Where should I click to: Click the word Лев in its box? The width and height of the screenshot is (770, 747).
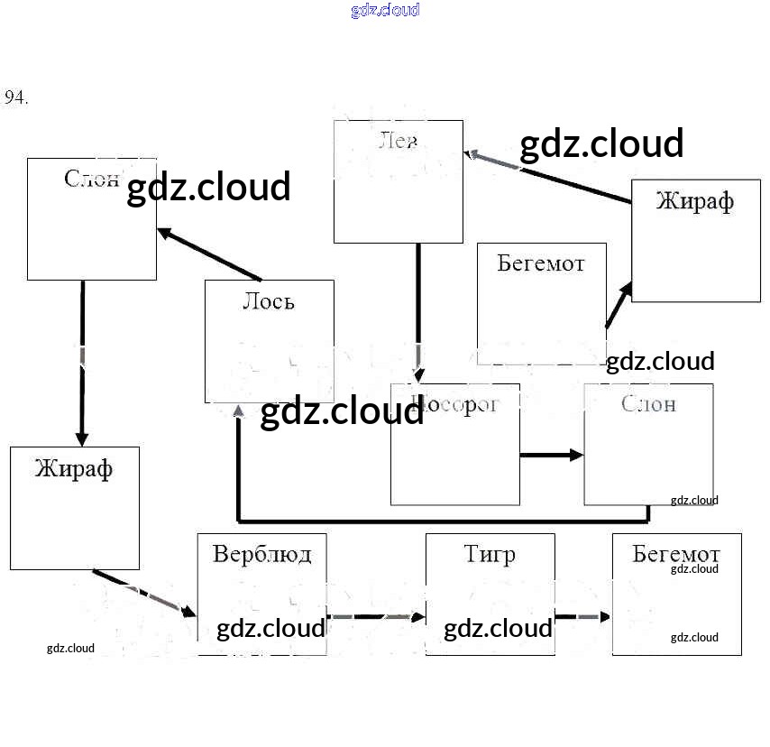(399, 142)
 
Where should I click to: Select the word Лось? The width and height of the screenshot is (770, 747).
(268, 301)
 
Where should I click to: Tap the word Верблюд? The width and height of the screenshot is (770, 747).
(261, 553)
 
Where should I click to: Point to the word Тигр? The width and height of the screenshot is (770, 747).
(490, 553)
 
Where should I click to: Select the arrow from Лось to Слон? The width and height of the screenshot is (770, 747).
(209, 254)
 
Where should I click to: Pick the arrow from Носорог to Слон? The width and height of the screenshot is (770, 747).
(552, 455)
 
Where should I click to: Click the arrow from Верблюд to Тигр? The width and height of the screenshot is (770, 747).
(375, 617)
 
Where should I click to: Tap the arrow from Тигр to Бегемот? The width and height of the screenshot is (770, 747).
(582, 617)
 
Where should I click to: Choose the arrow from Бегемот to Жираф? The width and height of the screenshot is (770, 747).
(618, 306)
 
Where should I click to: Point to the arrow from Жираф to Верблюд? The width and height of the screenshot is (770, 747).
(144, 593)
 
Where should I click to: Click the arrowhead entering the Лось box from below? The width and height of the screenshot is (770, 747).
(239, 411)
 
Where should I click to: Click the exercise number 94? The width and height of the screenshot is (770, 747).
(16, 97)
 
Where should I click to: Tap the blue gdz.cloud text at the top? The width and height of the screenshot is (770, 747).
(385, 11)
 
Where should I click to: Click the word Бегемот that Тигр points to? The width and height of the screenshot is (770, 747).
(675, 553)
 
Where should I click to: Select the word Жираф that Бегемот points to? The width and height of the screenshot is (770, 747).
(694, 200)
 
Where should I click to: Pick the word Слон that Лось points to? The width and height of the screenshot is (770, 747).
(92, 178)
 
